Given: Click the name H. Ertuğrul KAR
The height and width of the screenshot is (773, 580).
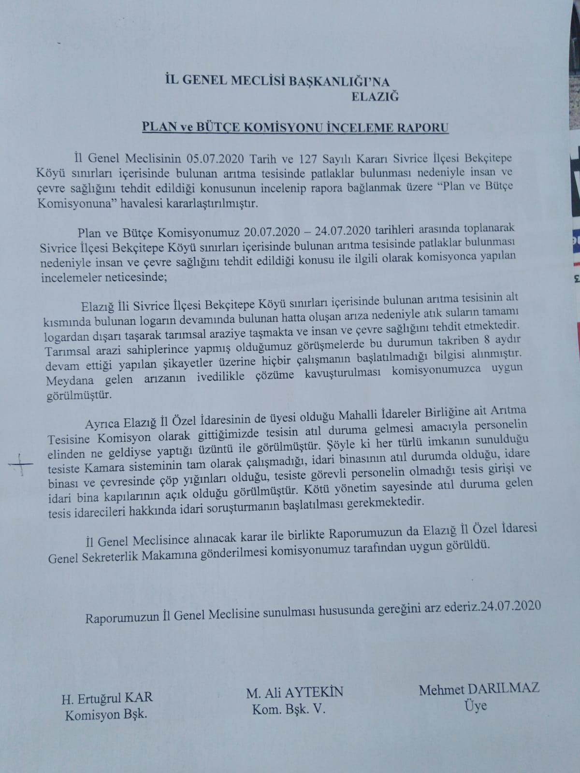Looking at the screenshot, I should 107,698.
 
